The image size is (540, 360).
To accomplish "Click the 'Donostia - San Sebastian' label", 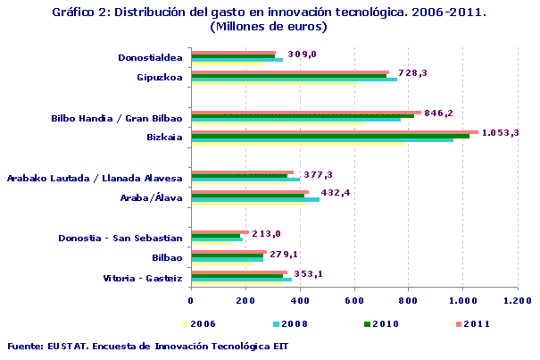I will [x=120, y=238].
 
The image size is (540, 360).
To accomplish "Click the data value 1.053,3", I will [x=500, y=133].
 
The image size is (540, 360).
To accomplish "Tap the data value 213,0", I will [x=267, y=234].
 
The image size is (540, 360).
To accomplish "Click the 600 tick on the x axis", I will [x=355, y=301].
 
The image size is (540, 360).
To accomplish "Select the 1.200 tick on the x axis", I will [x=517, y=301].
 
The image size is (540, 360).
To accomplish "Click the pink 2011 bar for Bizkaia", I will [x=335, y=132].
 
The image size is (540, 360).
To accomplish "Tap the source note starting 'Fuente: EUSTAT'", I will [x=147, y=345].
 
